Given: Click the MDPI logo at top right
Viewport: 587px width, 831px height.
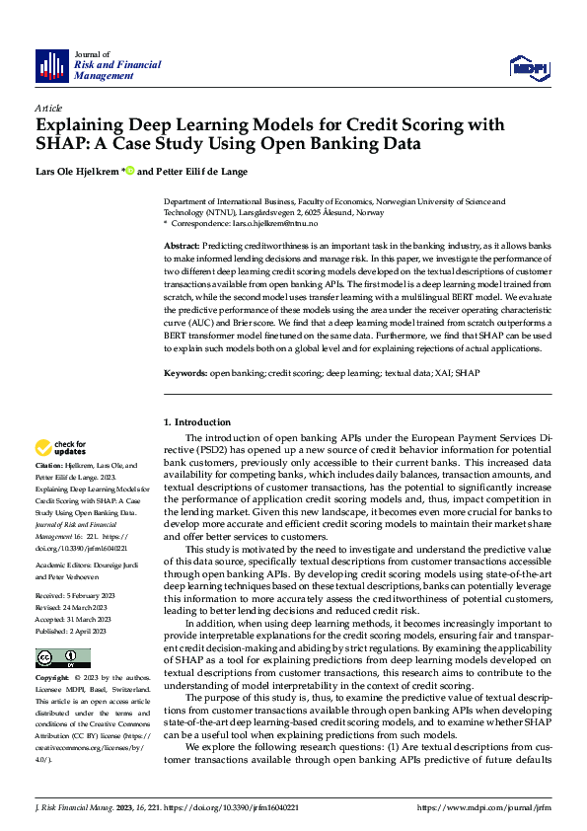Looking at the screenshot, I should pos(528,66).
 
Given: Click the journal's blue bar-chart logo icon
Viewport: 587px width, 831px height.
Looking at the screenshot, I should pos(52,65).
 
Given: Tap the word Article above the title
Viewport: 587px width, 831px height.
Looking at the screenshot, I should pos(48,107).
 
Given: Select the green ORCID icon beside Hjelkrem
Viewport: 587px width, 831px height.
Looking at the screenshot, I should pos(128,170).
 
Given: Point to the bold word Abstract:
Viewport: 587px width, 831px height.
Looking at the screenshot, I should pos(183,245).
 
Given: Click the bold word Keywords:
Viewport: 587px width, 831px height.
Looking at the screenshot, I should pos(184,373).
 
